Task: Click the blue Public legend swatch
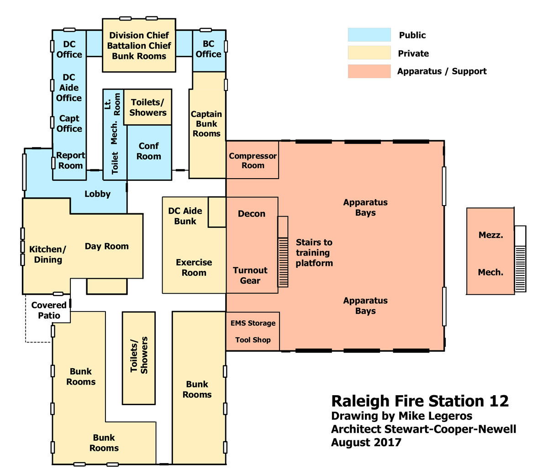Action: click(369, 35)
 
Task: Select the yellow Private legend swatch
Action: click(369, 53)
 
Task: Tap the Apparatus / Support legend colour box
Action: click(369, 71)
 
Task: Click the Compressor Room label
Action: click(253, 160)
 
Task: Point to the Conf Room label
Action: click(149, 151)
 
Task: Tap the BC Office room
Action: click(209, 51)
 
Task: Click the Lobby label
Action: click(97, 194)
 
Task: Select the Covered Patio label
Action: click(49, 310)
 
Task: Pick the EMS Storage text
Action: click(253, 323)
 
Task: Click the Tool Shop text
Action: click(253, 340)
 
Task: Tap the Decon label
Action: click(252, 213)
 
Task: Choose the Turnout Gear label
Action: click(250, 275)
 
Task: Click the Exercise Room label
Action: click(194, 267)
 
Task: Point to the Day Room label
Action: click(106, 246)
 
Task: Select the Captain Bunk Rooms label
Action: click(206, 123)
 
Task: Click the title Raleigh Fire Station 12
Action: click(420, 401)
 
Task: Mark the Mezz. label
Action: click(490, 235)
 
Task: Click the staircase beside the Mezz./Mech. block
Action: click(520, 259)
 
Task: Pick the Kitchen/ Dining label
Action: click(47, 254)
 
